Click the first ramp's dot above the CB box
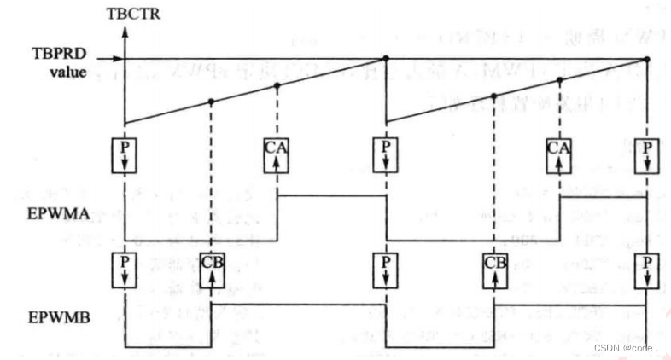coord(210,102)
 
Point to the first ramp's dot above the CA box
coord(277,85)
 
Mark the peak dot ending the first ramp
coord(386,59)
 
